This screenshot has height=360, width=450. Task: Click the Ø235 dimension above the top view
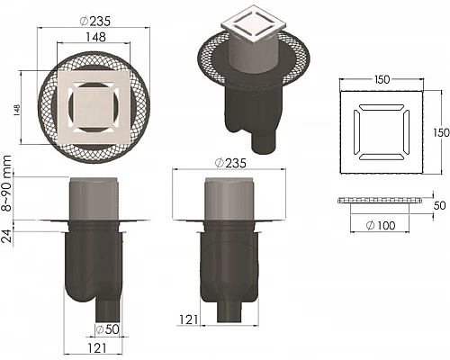95,21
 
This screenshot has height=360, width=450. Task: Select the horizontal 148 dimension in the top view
95,37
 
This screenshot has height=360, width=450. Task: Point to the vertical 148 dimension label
16,110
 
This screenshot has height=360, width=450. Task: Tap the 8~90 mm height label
6,184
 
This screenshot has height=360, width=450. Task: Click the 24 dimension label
7,236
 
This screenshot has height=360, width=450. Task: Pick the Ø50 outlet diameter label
108,329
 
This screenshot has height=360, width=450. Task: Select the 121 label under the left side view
97,348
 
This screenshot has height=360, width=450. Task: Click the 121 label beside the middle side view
188,319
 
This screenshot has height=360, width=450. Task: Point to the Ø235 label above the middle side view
230,163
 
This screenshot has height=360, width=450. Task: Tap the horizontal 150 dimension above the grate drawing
382,79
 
